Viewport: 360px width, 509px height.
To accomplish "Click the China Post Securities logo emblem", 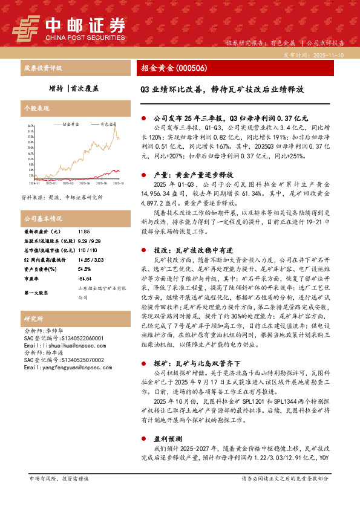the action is tap(27, 27).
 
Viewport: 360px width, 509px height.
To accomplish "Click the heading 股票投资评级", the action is tap(43, 68).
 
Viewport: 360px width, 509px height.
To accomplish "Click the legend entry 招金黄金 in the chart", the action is tap(70, 123).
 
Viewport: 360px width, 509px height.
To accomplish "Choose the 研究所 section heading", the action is tap(33, 318).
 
